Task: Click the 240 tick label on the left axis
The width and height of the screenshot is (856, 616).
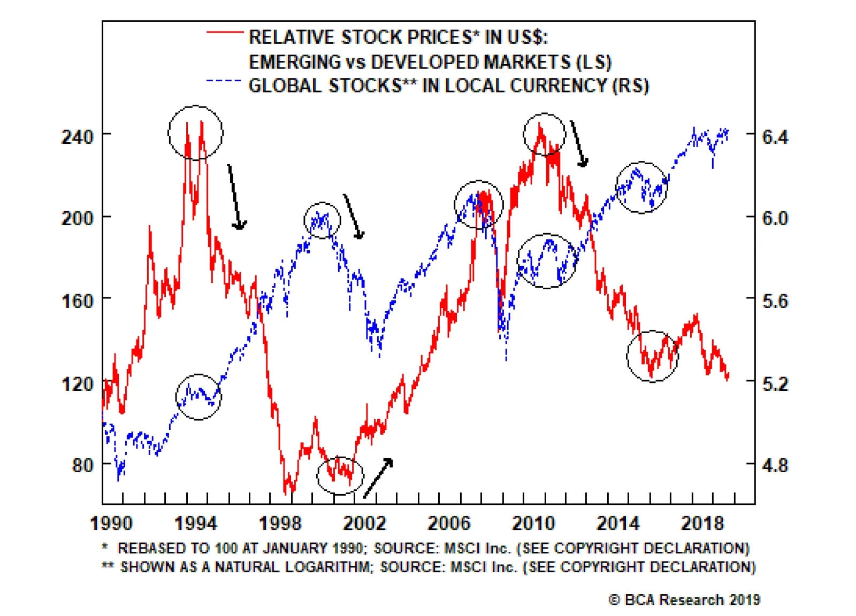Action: point(78,137)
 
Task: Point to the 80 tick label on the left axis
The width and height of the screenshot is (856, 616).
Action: point(83,465)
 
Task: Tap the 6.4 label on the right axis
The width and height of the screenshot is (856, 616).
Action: point(775,137)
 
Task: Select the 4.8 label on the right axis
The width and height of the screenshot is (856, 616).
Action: point(775,465)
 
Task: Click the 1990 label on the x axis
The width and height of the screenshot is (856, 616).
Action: point(111,523)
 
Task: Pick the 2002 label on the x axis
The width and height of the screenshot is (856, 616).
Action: point(364,523)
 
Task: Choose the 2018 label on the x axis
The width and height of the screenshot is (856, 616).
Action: point(702,523)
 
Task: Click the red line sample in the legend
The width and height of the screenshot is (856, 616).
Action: point(225,33)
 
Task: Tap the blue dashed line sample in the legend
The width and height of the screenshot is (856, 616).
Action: point(224,81)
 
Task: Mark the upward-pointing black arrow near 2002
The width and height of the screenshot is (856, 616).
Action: point(379,478)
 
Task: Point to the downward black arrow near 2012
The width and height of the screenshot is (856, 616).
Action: point(578,143)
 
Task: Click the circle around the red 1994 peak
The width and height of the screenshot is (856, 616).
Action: point(195,133)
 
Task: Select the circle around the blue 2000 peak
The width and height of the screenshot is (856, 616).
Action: point(322,220)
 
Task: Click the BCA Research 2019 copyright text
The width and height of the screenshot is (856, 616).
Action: point(684,600)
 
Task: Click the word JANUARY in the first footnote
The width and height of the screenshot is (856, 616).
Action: point(292,548)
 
